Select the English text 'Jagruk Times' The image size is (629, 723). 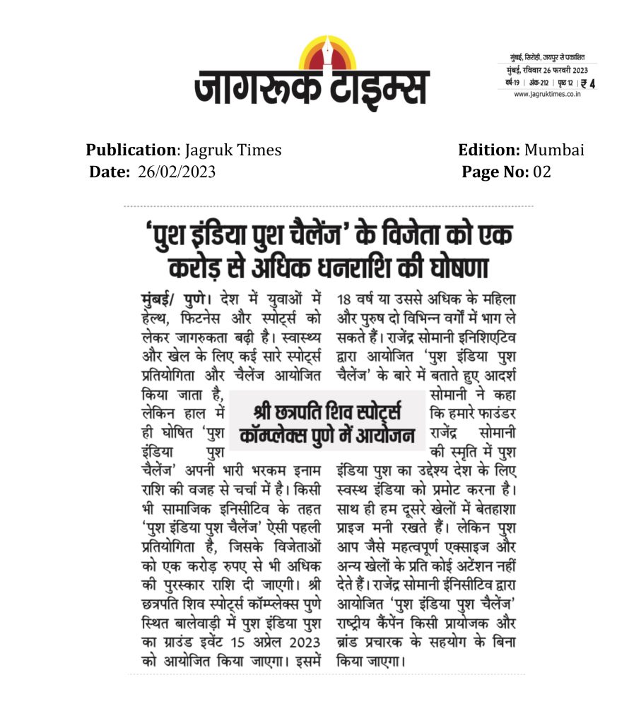233,150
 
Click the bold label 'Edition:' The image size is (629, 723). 489,150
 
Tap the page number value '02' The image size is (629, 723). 542,172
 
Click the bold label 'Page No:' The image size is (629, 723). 495,172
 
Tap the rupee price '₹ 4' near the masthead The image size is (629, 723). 588,83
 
